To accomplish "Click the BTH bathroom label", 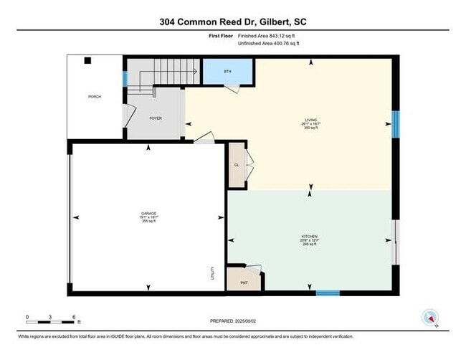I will pyautogui.click(x=228, y=72).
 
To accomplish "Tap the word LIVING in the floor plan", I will pyautogui.click(x=311, y=120).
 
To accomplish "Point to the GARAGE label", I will pyautogui.click(x=148, y=213).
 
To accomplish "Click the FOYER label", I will pyautogui.click(x=156, y=118).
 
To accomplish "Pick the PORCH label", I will pyautogui.click(x=94, y=96).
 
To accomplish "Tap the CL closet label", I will pyautogui.click(x=237, y=165).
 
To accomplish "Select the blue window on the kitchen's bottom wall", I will pyautogui.click(x=328, y=293).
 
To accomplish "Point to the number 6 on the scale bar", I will pyautogui.click(x=73, y=316).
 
